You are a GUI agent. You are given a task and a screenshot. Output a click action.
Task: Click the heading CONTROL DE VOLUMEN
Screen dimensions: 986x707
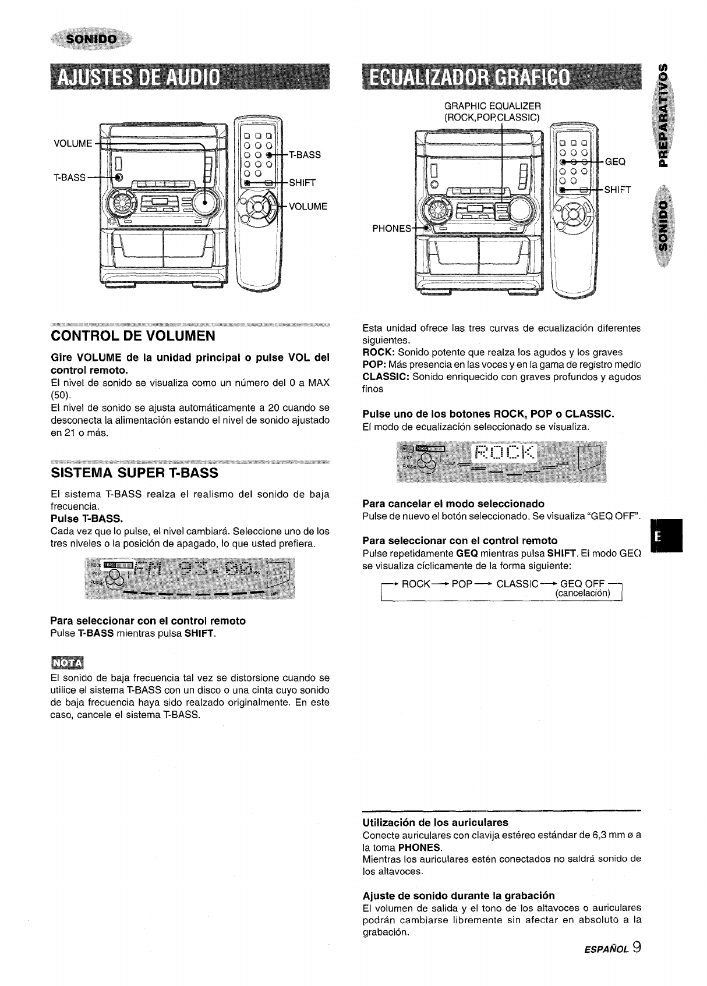(133, 336)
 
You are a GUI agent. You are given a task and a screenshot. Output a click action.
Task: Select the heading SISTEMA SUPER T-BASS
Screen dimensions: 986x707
(135, 471)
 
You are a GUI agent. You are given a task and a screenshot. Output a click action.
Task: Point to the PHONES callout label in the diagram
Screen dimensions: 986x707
(391, 228)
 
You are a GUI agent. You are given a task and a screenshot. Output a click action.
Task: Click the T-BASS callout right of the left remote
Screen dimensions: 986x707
(305, 155)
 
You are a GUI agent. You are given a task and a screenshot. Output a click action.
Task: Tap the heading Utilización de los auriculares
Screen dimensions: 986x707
(435, 822)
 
